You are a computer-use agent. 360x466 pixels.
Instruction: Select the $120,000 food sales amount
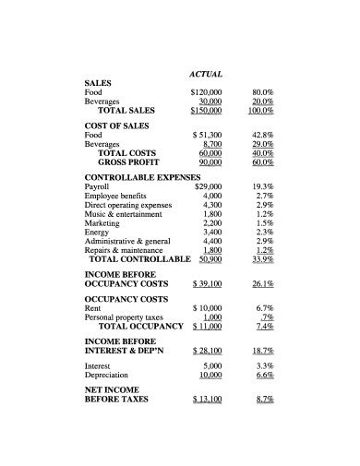pos(206,92)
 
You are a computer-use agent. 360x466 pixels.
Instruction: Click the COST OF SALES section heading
pos(116,125)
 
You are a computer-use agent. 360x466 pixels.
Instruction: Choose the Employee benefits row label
pos(114,197)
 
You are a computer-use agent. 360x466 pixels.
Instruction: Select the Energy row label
pos(97,233)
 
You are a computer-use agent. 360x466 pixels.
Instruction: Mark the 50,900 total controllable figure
pos(210,258)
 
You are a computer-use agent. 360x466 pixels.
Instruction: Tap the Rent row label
pos(92,307)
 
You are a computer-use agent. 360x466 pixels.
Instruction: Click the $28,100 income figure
pos(208,351)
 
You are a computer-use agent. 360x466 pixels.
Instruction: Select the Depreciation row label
pos(106,376)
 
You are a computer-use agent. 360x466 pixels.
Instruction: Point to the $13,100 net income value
pos(208,400)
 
